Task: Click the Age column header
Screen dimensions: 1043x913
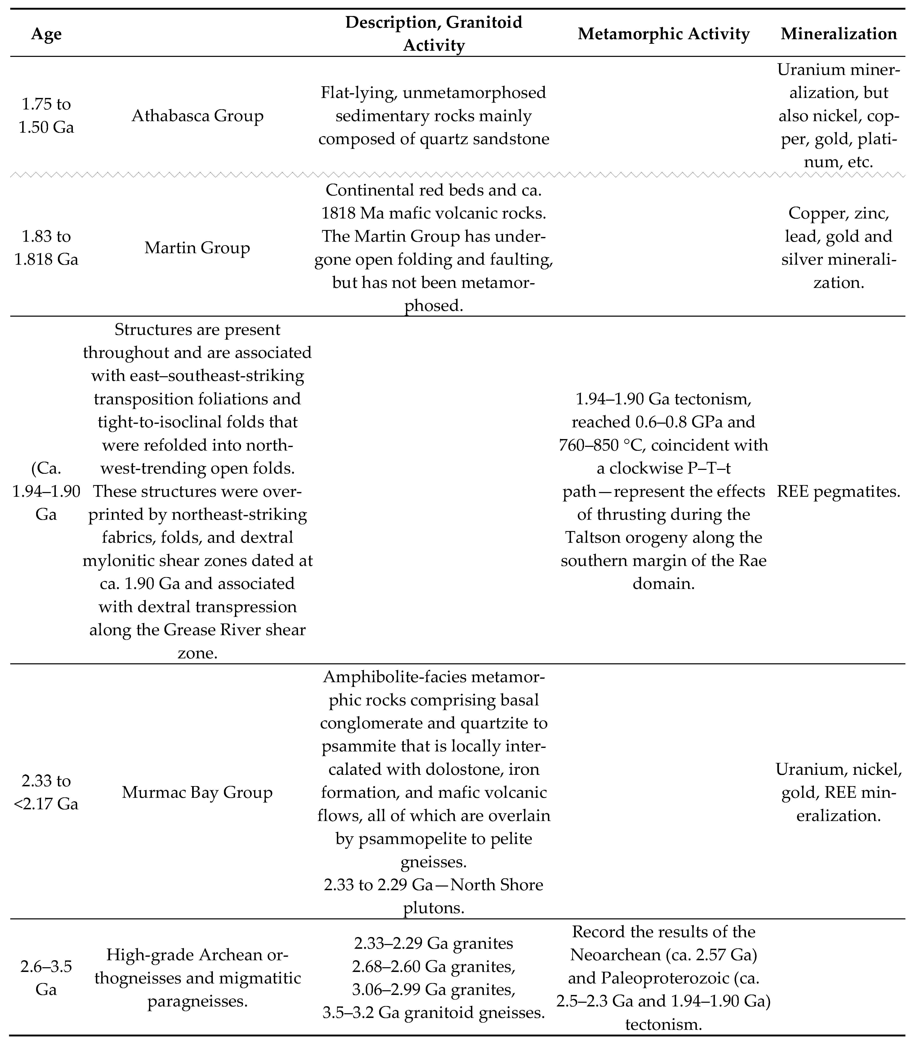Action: (x=46, y=34)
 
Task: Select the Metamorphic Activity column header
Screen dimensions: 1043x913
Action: (x=663, y=34)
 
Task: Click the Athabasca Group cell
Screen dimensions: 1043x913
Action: (x=198, y=116)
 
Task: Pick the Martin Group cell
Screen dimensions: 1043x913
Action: (x=198, y=248)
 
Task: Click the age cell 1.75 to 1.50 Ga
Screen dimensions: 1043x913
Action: (x=46, y=116)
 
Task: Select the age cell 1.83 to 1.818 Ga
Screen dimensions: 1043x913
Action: (x=46, y=248)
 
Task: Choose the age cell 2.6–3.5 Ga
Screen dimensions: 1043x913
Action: (x=46, y=978)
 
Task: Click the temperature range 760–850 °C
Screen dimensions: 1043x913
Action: (x=599, y=445)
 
